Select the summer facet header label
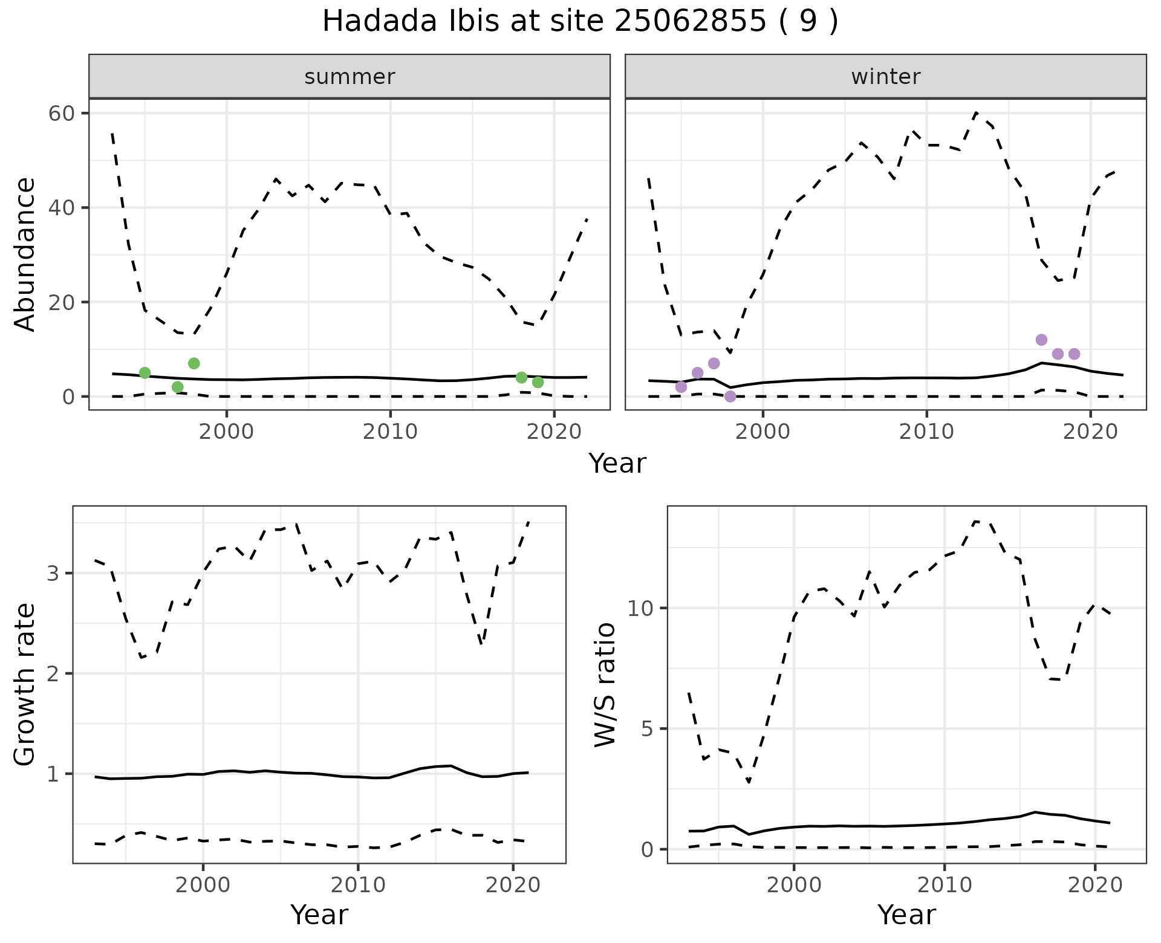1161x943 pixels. (x=350, y=77)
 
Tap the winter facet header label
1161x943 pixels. (x=885, y=77)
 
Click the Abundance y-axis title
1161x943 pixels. (x=25, y=254)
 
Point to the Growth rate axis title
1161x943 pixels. (x=25, y=684)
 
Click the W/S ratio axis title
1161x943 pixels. (x=605, y=684)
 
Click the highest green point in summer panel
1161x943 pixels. (x=194, y=363)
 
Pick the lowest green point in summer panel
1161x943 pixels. (x=178, y=387)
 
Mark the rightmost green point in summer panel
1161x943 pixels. (x=538, y=382)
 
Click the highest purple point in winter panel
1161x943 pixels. (x=1041, y=340)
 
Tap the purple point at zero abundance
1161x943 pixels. (x=730, y=397)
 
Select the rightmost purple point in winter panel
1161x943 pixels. (x=1075, y=354)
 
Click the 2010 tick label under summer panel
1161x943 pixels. (x=390, y=432)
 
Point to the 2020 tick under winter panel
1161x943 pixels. (x=1090, y=432)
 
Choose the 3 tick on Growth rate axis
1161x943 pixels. (x=53, y=573)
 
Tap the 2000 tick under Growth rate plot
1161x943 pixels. (x=203, y=886)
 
